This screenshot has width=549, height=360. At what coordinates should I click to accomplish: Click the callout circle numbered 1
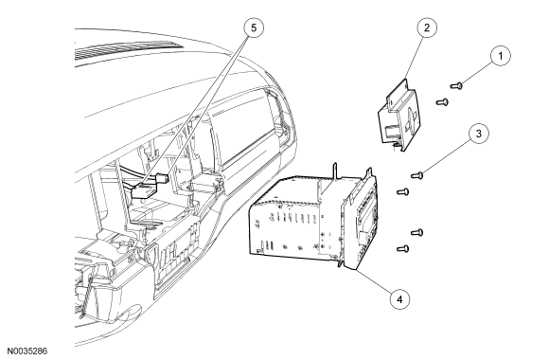pos(500,56)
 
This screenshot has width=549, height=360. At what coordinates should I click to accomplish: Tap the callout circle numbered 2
pos(427,27)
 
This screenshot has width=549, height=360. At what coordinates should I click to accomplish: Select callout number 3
pos(478,134)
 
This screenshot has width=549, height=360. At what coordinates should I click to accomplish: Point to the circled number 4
pos(399,299)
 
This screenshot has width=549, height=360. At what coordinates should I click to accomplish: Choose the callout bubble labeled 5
pos(254,27)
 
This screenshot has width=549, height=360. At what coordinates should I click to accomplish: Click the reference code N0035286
pos(27,351)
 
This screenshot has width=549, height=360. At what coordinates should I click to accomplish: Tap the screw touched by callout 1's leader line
pos(456,85)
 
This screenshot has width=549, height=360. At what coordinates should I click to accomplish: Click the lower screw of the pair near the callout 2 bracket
pos(442,102)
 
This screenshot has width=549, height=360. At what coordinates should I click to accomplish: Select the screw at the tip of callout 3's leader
pos(417,174)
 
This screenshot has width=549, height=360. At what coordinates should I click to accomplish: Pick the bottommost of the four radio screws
pos(402,248)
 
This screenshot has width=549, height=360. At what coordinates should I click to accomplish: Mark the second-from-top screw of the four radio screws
pos(402,191)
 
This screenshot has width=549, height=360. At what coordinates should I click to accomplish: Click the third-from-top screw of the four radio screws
pos(416,232)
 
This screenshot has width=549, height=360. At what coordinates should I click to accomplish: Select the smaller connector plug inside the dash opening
pos(163,179)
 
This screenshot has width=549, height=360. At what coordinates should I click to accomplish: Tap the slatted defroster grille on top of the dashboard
pos(128,51)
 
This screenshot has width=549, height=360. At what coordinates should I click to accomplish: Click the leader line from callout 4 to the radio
pos(374,283)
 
